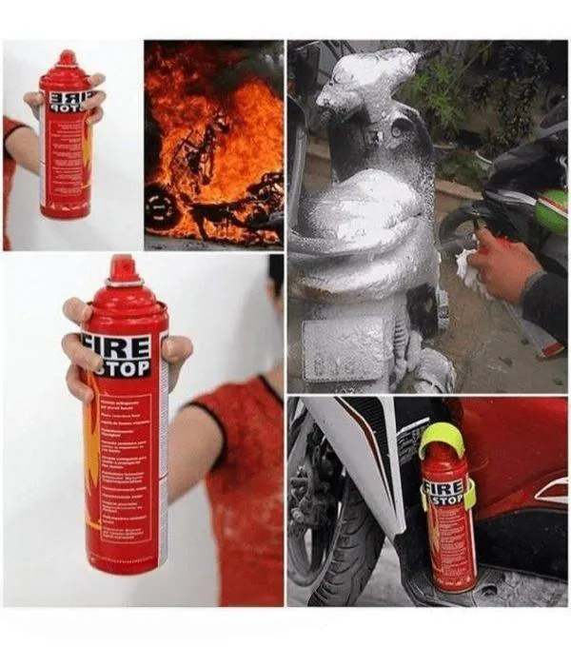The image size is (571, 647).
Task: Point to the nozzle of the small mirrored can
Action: tap(68, 58)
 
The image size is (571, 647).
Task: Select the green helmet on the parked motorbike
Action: tap(552, 212)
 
